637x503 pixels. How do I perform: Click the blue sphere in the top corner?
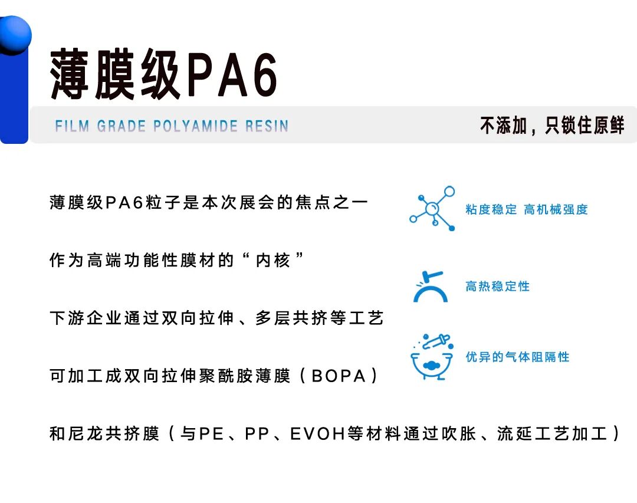(14, 34)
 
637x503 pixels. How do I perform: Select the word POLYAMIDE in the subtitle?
(195, 126)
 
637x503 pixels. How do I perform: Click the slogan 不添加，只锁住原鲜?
(552, 125)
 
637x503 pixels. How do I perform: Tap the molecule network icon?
(433, 208)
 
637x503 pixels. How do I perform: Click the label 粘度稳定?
(491, 209)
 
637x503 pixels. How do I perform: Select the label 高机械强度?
(556, 209)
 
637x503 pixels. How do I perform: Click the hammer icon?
(430, 287)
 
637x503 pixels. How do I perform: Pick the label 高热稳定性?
(497, 287)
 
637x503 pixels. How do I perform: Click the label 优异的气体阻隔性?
(517, 357)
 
